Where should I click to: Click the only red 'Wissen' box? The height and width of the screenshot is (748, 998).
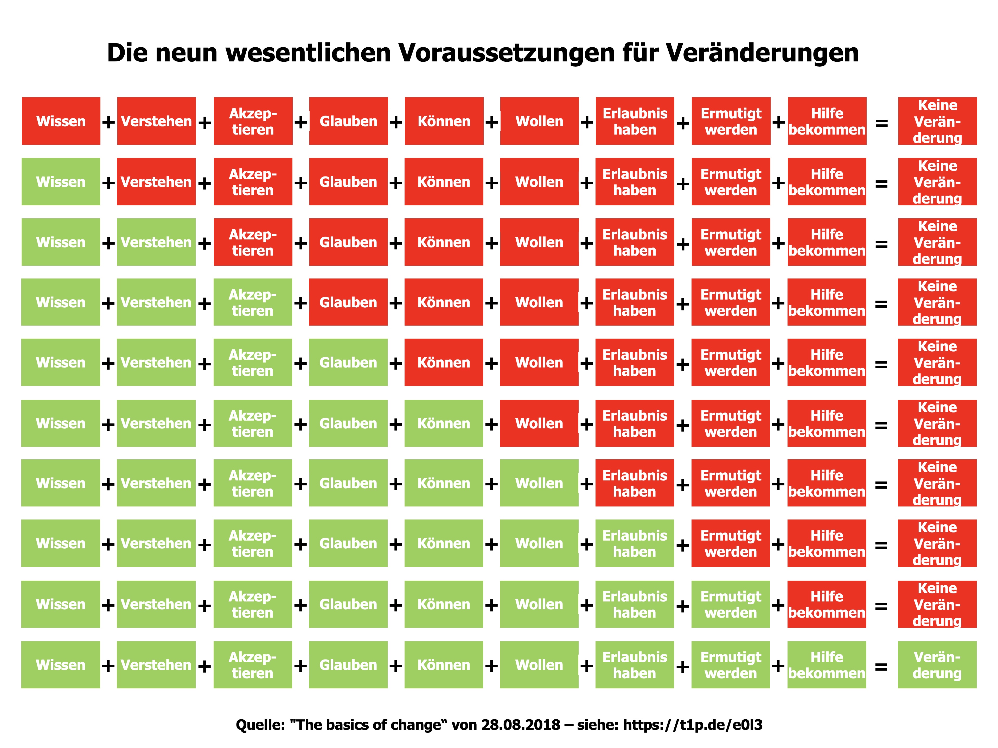point(61,121)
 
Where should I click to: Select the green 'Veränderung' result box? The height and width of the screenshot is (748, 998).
point(937,665)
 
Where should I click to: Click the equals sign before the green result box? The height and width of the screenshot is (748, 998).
point(881,666)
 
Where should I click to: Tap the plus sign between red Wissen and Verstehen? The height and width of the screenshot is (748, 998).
point(108,122)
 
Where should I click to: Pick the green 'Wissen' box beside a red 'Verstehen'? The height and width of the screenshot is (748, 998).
point(61,181)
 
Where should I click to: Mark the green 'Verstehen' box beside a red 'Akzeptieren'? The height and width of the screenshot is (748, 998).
point(156,242)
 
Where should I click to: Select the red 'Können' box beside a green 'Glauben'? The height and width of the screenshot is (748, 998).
point(444,363)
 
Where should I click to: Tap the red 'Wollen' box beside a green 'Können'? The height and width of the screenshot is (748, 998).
point(539,423)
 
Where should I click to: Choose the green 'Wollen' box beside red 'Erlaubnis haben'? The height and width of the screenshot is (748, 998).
point(539,483)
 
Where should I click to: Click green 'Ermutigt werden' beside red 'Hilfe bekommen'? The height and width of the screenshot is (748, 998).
point(731,604)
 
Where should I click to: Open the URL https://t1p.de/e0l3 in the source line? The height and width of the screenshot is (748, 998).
point(693,725)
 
